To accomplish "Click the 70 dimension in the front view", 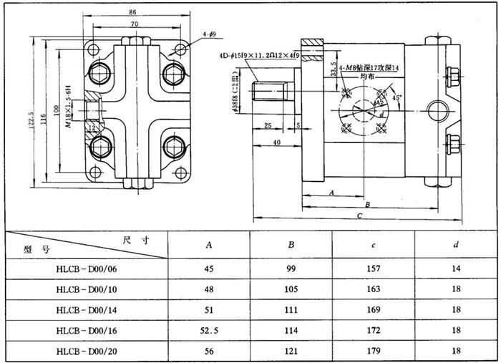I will click(x=134, y=24).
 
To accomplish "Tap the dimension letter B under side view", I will click(x=366, y=204).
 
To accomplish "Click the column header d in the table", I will click(x=456, y=245).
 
